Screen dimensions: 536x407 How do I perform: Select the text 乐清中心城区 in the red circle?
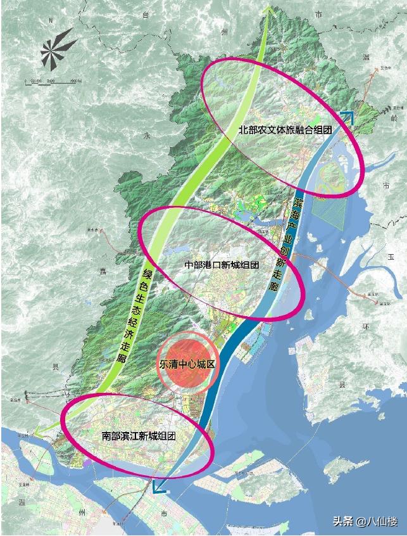click(x=187, y=366)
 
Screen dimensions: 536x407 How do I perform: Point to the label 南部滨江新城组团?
click(x=138, y=437)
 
